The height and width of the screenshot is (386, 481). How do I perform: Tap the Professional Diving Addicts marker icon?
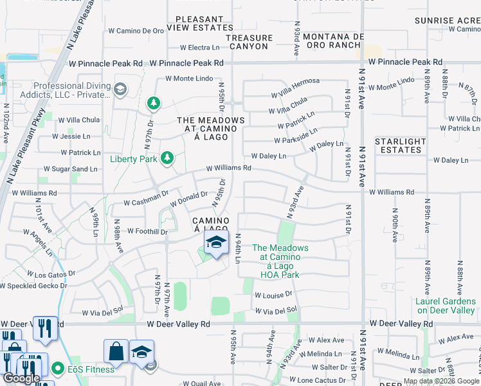click(x=120, y=89)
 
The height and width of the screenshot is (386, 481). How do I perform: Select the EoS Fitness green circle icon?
click(x=59, y=369)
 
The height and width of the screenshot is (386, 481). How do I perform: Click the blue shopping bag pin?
click(x=116, y=352)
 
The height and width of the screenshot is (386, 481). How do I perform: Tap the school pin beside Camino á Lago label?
click(x=217, y=243)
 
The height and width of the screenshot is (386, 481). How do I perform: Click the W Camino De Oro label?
click(x=136, y=30)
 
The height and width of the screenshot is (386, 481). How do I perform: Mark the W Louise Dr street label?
click(x=273, y=295)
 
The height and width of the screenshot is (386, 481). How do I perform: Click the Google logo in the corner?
click(x=21, y=378)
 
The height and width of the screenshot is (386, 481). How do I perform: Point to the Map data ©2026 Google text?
click(x=440, y=381)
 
